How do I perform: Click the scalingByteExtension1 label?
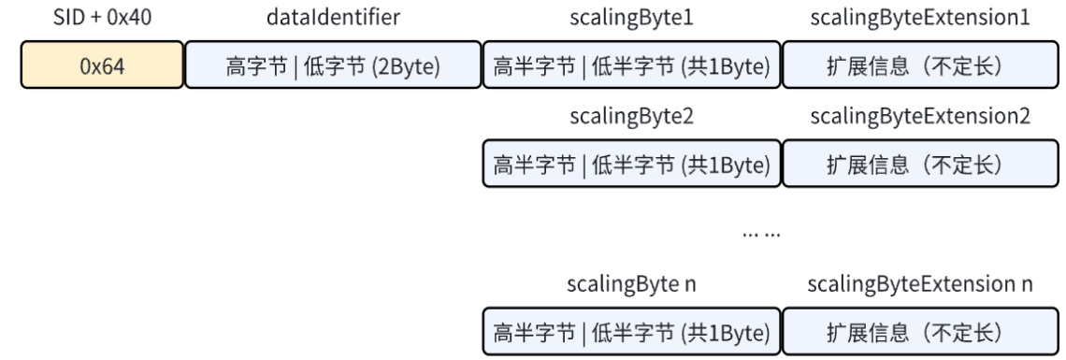coord(920,20)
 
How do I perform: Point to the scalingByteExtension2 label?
coord(920,117)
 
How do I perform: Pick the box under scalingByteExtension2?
coord(920,164)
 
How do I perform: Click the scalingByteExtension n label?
coord(920,284)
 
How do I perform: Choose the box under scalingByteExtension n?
coord(920,332)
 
